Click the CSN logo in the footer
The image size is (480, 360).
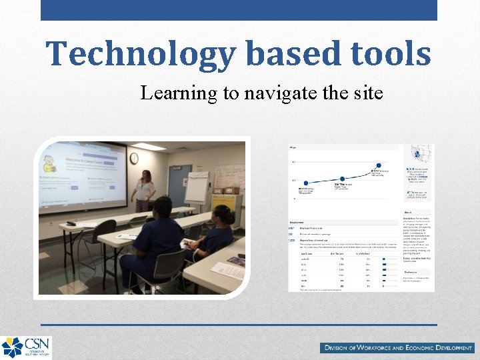click(x=26, y=347)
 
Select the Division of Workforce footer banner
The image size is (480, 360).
click(x=397, y=347)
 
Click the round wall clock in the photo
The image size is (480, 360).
click(x=134, y=158)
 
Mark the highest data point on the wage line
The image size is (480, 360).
click(x=379, y=165)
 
